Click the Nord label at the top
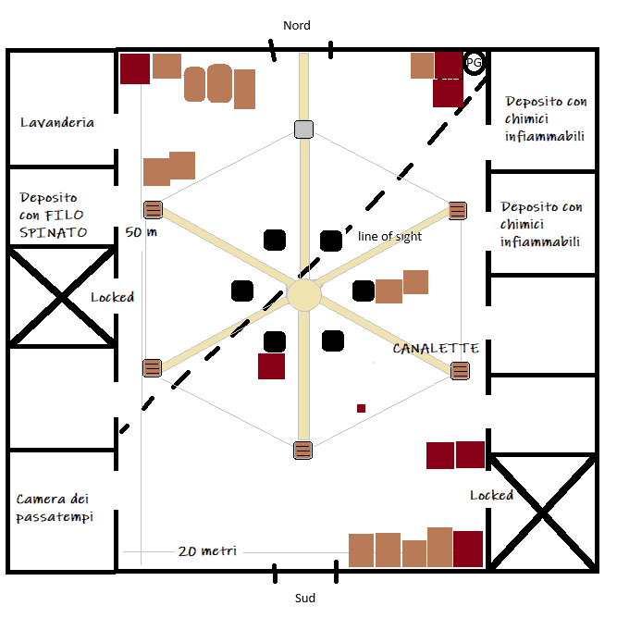tap(297, 26)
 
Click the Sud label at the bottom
tap(305, 599)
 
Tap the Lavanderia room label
tap(57, 122)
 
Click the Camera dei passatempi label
tap(55, 508)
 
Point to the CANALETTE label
tap(436, 349)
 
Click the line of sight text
tap(389, 237)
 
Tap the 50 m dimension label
tap(140, 232)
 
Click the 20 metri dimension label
tap(207, 551)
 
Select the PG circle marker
tap(475, 63)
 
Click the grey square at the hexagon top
tap(303, 130)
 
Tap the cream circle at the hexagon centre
tap(303, 295)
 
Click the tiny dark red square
tap(361, 408)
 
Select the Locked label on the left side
tap(112, 297)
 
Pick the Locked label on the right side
tap(491, 495)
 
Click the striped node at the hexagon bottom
tap(303, 451)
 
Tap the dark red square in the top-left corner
tap(135, 69)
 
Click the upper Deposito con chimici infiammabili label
tap(545, 118)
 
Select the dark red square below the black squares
tap(271, 366)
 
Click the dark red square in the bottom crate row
tap(468, 549)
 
